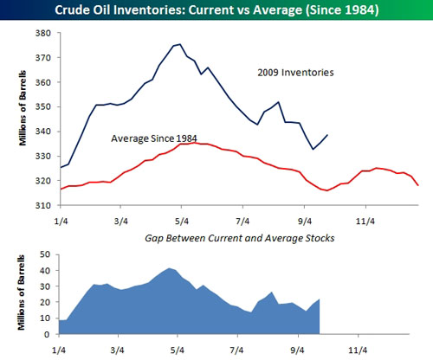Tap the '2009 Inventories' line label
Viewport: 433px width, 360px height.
(x=295, y=73)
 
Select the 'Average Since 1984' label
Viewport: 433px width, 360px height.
(x=154, y=138)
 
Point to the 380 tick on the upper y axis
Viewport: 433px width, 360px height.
(x=43, y=33)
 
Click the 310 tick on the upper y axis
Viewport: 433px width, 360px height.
(x=43, y=205)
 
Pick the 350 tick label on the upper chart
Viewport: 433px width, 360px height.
(x=43, y=106)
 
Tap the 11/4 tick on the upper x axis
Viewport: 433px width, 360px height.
(x=365, y=222)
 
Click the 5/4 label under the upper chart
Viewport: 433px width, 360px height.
(x=182, y=222)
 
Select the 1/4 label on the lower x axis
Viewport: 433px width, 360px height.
(x=59, y=350)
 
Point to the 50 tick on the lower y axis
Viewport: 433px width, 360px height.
(x=46, y=254)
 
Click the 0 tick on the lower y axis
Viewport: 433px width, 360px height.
(x=48, y=334)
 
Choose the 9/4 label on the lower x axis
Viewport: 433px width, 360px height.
(x=298, y=350)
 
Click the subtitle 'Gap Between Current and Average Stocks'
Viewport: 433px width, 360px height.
(x=240, y=238)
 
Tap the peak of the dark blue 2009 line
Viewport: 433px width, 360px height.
(x=180, y=44)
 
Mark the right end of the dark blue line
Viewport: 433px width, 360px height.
(x=327, y=135)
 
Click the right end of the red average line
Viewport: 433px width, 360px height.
(x=418, y=185)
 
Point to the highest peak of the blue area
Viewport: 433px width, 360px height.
(x=169, y=268)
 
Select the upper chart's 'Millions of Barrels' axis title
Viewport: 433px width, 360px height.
(x=23, y=108)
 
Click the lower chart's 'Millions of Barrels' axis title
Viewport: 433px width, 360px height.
(x=22, y=292)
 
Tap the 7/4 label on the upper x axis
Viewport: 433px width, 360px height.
(x=242, y=222)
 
